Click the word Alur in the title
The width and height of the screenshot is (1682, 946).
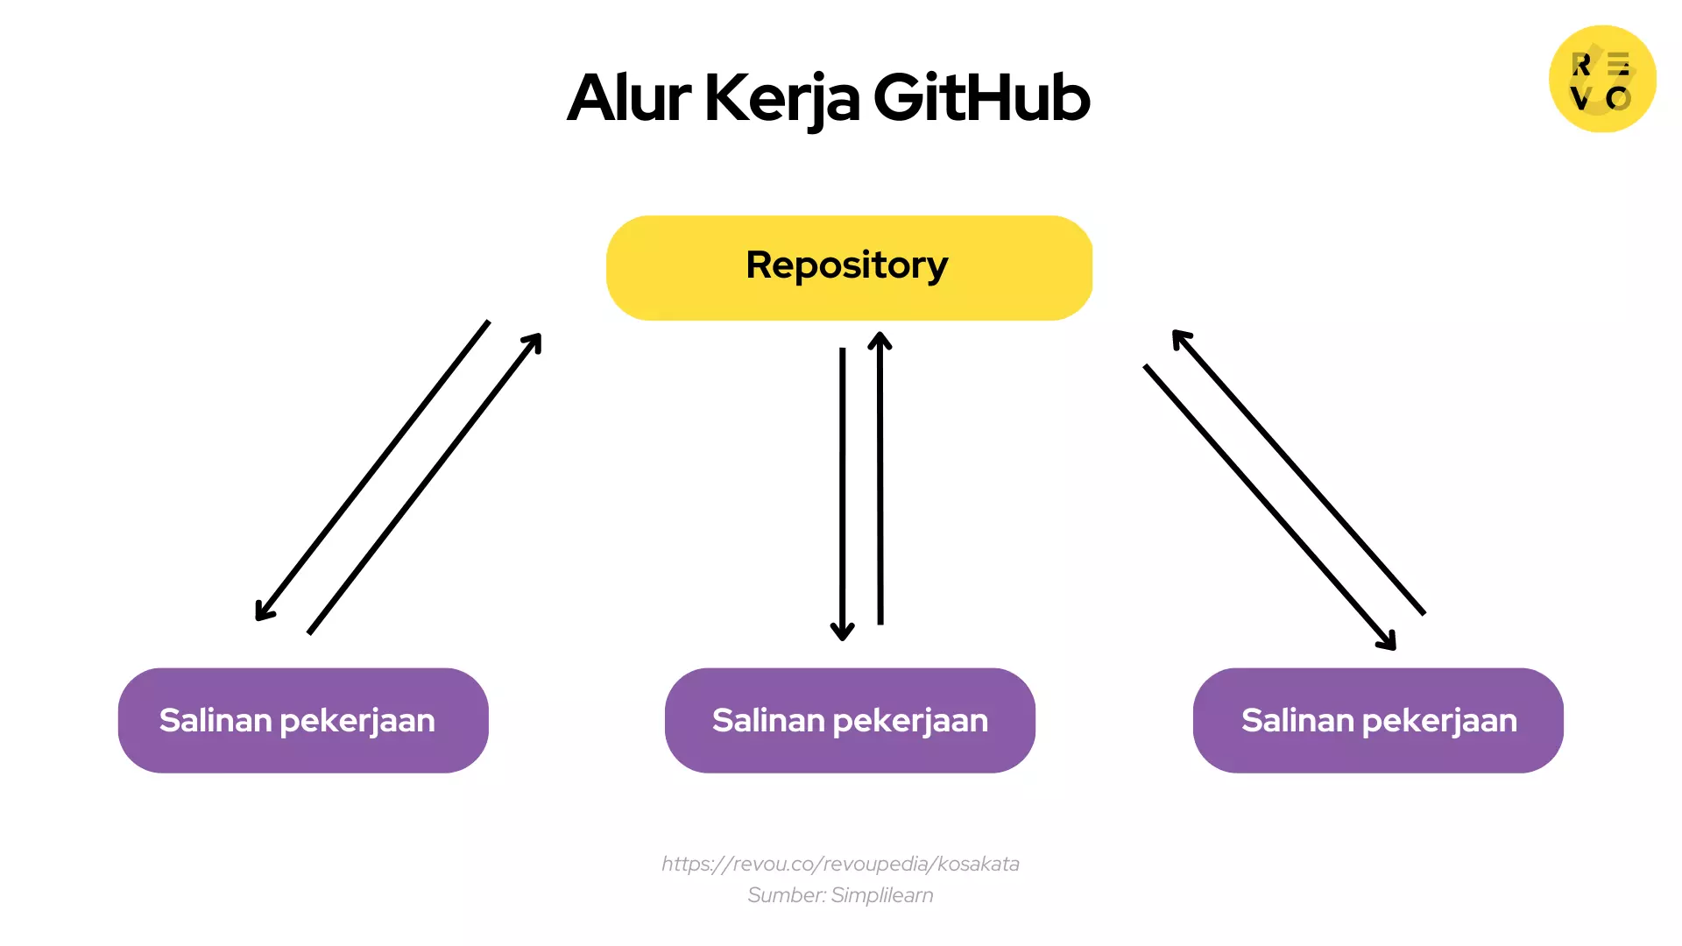[x=629, y=97]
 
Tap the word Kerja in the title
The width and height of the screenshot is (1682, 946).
[x=781, y=97]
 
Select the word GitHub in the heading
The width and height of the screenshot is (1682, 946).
[x=981, y=97]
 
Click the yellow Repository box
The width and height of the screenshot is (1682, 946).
[x=848, y=267]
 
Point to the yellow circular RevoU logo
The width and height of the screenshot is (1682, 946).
[x=1602, y=79]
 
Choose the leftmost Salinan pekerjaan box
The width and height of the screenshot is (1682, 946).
[x=303, y=720]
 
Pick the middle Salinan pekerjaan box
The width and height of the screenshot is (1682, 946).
[x=850, y=720]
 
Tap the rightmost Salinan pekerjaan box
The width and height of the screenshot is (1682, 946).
[x=1378, y=720]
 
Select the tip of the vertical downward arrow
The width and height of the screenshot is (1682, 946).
[x=842, y=636]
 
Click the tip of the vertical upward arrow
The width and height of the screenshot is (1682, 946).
[x=880, y=337]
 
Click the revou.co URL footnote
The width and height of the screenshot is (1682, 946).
[x=840, y=864]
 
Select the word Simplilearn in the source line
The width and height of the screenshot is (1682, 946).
[x=882, y=895]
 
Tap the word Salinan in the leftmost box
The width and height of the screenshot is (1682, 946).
[x=216, y=720]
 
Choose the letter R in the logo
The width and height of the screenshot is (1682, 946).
[x=1581, y=65]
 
